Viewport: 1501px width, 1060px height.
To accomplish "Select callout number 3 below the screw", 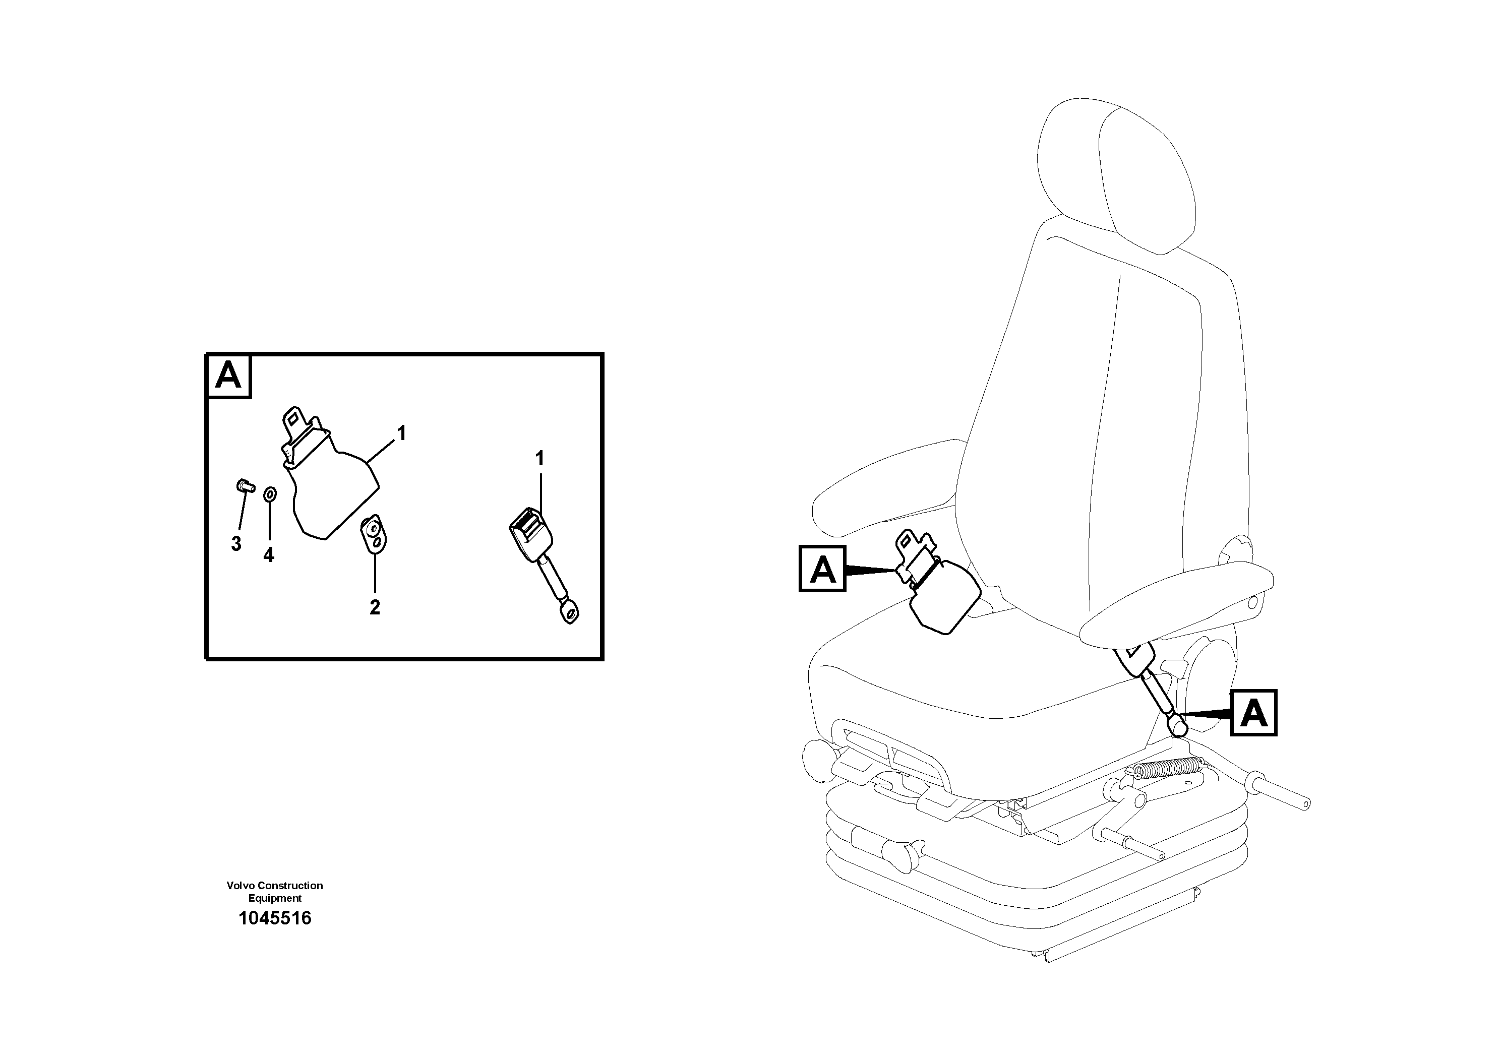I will pyautogui.click(x=236, y=544).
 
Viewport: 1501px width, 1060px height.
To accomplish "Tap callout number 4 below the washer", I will pyautogui.click(x=269, y=555).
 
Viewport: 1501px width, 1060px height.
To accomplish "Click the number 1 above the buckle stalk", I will pyautogui.click(x=540, y=459).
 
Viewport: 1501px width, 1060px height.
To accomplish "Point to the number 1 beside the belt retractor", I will pyautogui.click(x=402, y=433).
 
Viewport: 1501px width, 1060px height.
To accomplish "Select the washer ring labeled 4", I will pyautogui.click(x=269, y=494).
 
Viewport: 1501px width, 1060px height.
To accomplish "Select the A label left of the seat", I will pyautogui.click(x=822, y=569).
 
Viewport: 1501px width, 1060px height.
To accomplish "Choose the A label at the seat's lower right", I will pyautogui.click(x=1253, y=713).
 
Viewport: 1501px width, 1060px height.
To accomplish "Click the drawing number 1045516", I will pyautogui.click(x=275, y=918).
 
